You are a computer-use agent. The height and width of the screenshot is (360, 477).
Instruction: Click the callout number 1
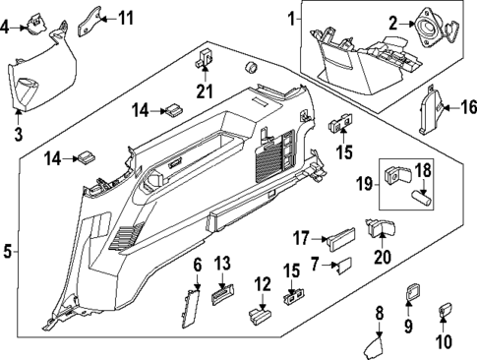coord(291,18)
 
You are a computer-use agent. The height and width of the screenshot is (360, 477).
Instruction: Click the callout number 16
coord(468,105)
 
